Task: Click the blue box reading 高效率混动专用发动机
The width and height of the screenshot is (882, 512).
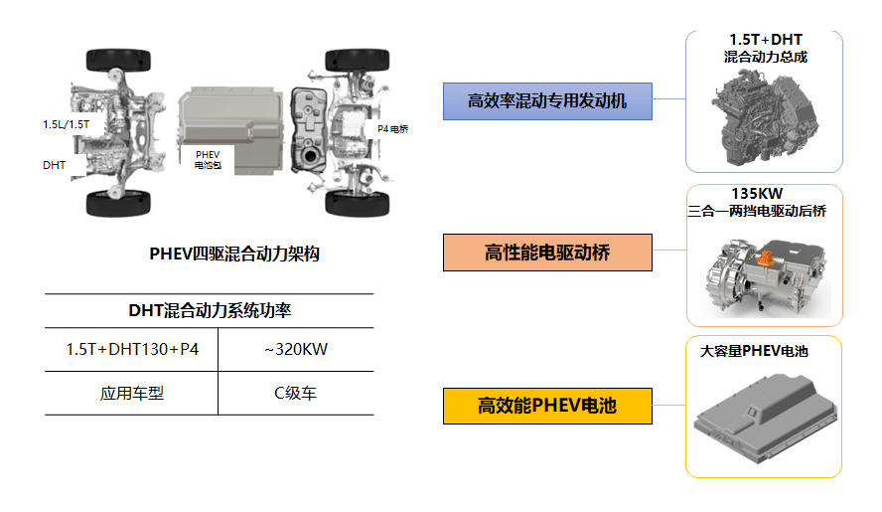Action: [547, 101]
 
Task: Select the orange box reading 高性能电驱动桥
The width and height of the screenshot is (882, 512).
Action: [547, 253]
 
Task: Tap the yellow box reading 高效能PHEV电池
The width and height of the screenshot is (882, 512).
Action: [547, 406]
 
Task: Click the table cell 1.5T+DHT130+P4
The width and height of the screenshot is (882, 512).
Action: [132, 349]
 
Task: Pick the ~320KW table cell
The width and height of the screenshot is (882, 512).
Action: [296, 349]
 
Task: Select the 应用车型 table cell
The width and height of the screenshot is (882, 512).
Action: [132, 393]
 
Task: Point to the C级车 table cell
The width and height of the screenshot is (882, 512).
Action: [296, 393]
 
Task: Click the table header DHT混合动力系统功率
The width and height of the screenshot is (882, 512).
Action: [210, 310]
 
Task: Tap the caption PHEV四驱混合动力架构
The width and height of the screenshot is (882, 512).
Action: [234, 255]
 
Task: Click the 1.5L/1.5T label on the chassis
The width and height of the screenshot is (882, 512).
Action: [66, 124]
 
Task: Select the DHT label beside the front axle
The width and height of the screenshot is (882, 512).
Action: [54, 165]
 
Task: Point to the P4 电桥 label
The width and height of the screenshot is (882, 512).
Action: [392, 129]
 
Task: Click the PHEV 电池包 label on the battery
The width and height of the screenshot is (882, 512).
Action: [208, 159]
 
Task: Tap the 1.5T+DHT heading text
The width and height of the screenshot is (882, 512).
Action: [766, 40]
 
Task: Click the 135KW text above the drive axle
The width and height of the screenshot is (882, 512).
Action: [757, 194]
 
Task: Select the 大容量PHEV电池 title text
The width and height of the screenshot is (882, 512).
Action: [754, 351]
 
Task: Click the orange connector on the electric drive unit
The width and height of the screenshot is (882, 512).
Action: [765, 257]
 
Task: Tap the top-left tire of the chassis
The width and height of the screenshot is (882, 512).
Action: [118, 61]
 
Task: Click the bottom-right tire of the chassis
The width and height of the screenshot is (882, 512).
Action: [358, 204]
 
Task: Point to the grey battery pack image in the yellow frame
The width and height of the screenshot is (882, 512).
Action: [766, 418]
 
